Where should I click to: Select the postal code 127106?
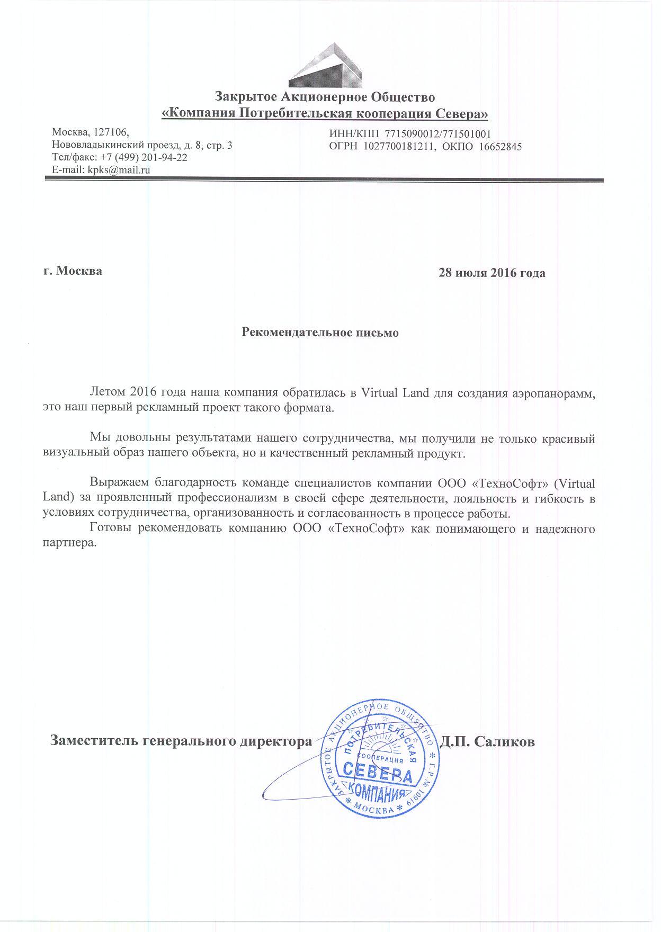coord(110,132)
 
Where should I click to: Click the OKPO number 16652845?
coord(500,146)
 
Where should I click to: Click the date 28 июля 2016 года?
coord(492,273)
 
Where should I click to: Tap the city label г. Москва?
coord(73,271)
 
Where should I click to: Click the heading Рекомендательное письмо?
coord(320,333)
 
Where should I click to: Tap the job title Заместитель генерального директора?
coord(181,741)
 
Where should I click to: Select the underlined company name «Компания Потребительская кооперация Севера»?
coord(325,113)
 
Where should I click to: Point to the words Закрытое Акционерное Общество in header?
coord(325,97)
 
